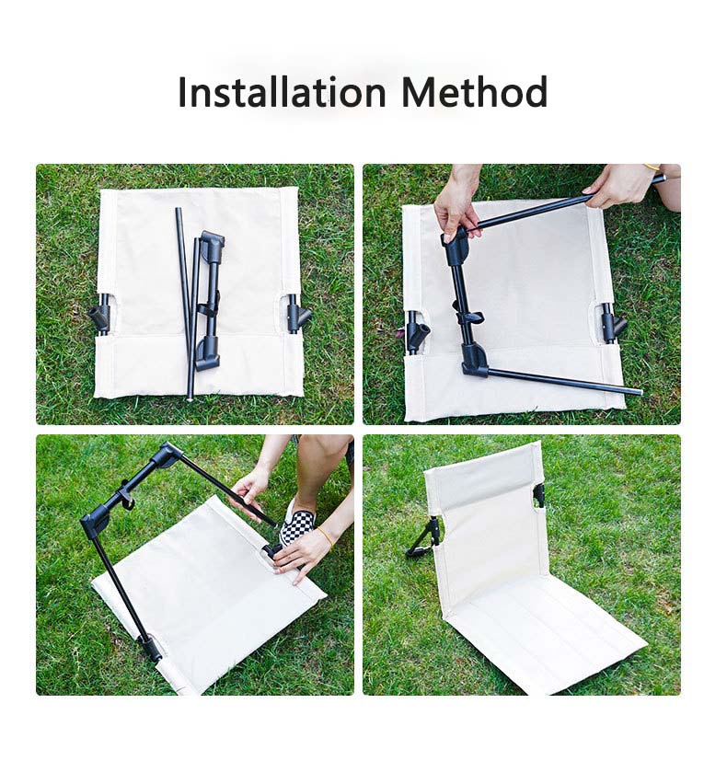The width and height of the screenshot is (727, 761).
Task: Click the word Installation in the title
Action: (x=282, y=92)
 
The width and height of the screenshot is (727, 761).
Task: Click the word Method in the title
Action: (x=475, y=92)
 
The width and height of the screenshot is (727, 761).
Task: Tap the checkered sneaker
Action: (x=297, y=523)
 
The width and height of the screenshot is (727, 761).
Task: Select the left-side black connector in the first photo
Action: (x=100, y=317)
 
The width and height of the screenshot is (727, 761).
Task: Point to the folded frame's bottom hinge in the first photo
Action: (x=208, y=352)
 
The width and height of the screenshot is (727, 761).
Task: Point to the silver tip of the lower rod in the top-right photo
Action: (x=640, y=391)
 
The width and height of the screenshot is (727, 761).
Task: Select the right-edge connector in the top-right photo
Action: (x=611, y=322)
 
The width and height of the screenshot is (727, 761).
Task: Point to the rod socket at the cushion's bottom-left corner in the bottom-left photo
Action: (x=152, y=649)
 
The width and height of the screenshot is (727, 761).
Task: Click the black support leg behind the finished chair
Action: (x=425, y=538)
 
